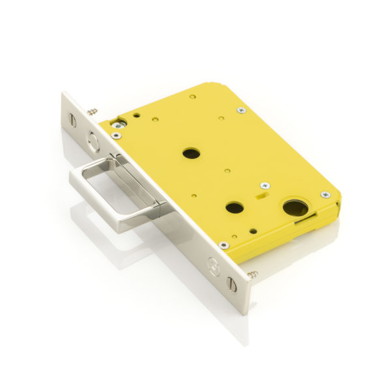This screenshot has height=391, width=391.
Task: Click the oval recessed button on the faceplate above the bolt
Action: click(x=95, y=141)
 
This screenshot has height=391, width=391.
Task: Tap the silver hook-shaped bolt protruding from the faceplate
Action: click(x=117, y=195)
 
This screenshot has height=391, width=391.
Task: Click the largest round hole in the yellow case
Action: click(x=295, y=209)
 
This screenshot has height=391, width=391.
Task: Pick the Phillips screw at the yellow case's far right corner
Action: click(x=325, y=195)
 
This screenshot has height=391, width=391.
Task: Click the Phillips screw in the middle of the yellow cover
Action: click(x=265, y=186)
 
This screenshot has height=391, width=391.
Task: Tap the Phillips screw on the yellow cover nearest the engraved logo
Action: click(x=224, y=245)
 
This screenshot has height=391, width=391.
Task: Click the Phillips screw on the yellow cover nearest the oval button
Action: click(x=116, y=136)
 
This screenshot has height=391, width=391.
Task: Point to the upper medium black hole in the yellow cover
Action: click(x=191, y=154)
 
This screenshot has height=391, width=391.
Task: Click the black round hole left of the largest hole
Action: click(x=234, y=208)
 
